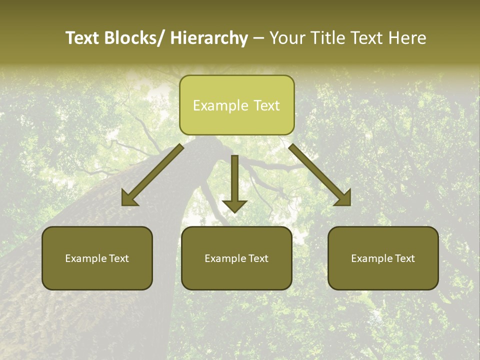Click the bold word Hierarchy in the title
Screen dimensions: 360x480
(209, 38)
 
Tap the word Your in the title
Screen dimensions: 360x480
(286, 38)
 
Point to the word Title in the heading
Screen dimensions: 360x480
(326, 38)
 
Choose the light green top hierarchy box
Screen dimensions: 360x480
(236, 105)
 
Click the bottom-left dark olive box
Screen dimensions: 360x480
(97, 258)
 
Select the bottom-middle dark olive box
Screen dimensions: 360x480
(236, 258)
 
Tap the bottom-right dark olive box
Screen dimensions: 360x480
(383, 258)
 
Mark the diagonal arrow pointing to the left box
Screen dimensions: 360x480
(151, 176)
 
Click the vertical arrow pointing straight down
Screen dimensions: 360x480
(234, 184)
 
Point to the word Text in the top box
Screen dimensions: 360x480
(266, 105)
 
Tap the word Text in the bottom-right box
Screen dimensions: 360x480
(404, 258)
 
